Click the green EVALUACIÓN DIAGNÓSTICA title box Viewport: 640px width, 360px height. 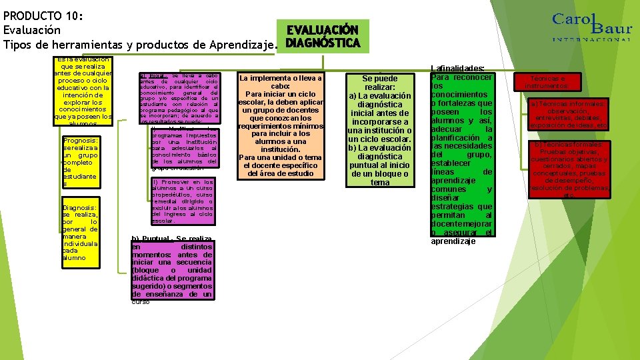point(323,37)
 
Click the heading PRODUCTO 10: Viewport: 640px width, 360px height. point(42,16)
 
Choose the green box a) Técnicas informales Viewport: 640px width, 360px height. point(567,114)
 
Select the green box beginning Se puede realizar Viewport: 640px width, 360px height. point(379,129)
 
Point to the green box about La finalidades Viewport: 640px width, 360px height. point(461,153)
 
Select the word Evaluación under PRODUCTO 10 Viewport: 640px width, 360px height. point(32,30)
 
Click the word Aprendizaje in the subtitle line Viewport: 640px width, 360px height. point(241,45)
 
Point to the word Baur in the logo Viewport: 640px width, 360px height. point(611,27)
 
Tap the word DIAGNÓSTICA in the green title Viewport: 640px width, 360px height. point(323,44)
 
